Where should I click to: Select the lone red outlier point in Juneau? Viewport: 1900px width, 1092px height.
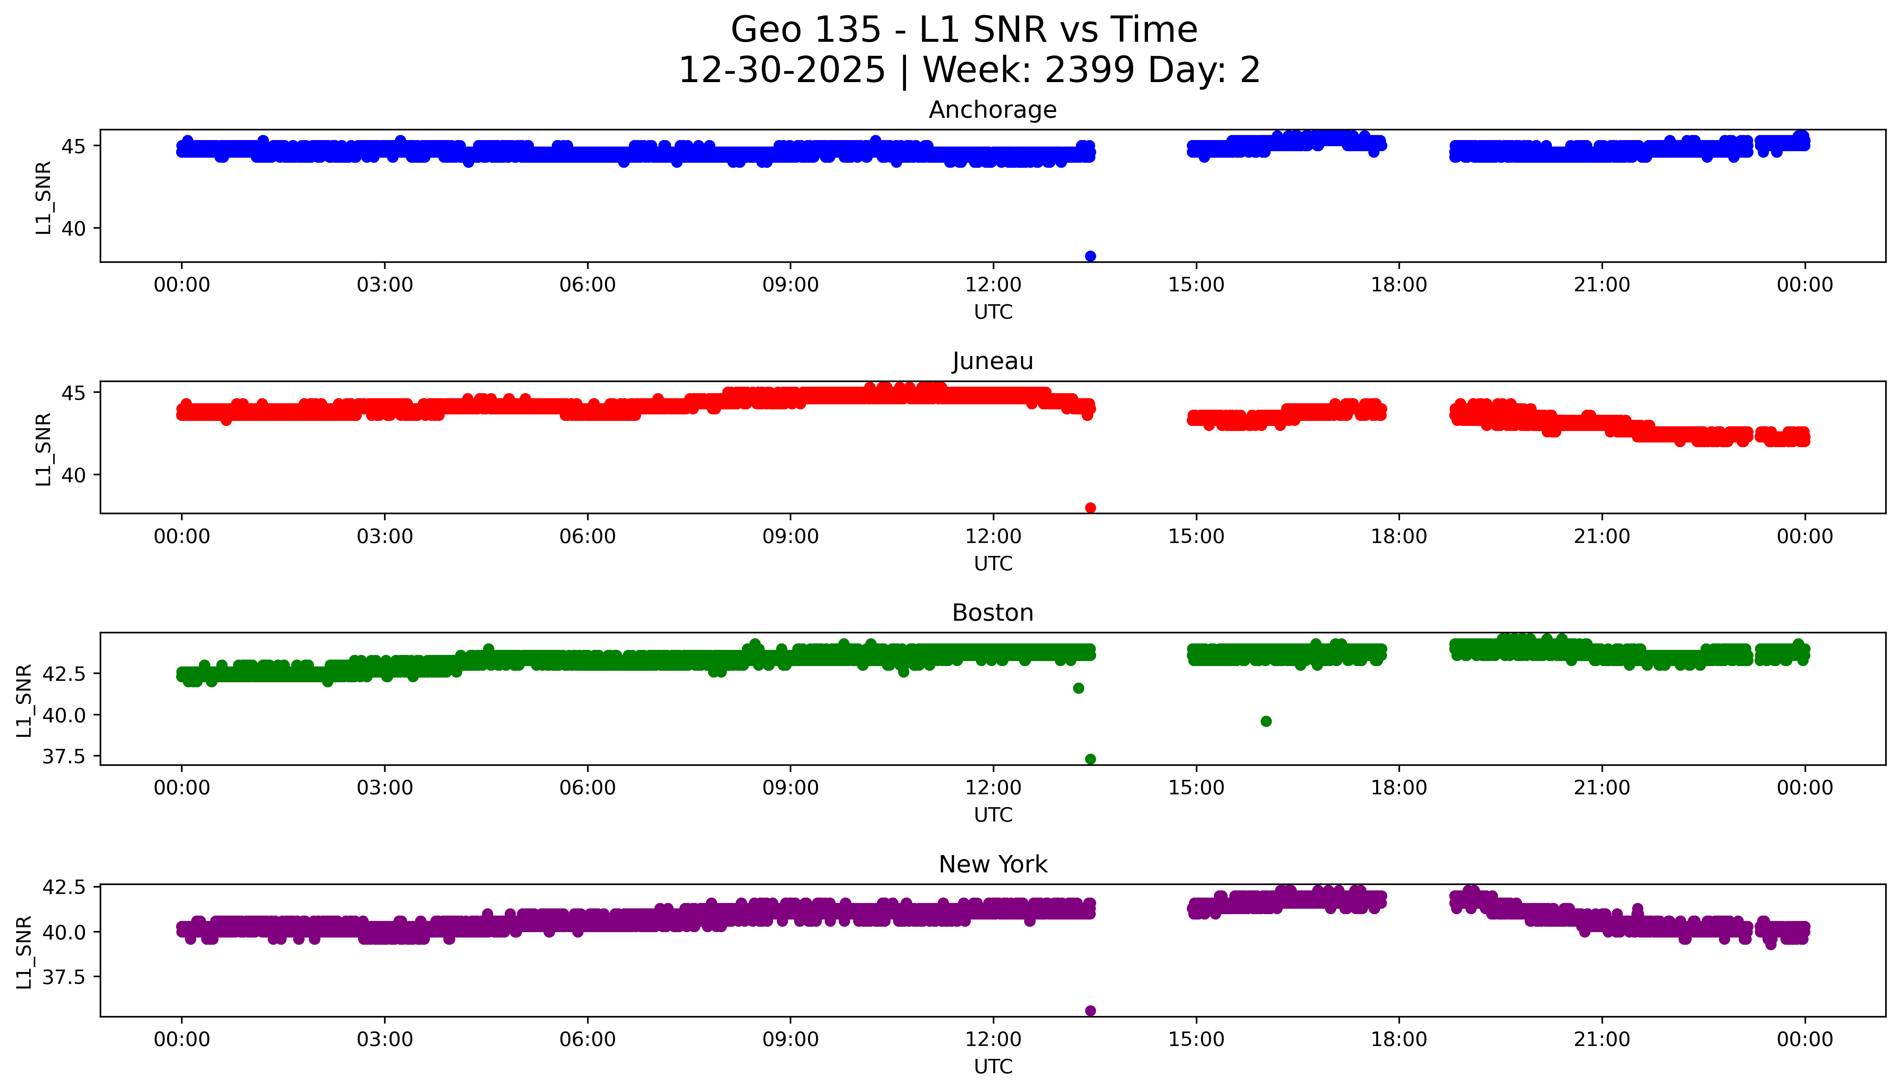coord(1090,508)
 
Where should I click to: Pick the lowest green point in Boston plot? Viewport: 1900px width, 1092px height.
coord(1090,759)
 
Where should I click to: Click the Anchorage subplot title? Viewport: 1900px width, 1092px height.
coord(993,110)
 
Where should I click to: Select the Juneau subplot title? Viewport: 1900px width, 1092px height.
coord(993,361)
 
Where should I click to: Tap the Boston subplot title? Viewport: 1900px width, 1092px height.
coord(993,613)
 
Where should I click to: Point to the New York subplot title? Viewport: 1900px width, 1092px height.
coord(993,865)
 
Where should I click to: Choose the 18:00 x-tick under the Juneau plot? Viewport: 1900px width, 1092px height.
coord(1399,536)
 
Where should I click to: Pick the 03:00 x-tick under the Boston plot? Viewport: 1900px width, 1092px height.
coord(385,787)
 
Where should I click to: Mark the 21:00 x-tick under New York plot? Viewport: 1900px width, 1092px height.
coord(1602,1039)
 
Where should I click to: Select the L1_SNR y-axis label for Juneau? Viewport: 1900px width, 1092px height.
coord(44,449)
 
